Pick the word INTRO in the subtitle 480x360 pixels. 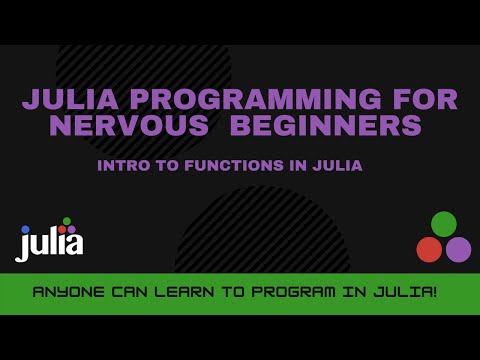pyautogui.click(x=122, y=165)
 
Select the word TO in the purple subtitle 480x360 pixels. pyautogui.click(x=164, y=165)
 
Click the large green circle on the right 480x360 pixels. pyautogui.click(x=444, y=224)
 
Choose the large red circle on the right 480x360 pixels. pyautogui.click(x=429, y=249)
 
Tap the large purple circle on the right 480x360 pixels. pyautogui.click(x=458, y=249)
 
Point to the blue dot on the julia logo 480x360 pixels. pyautogui.click(x=26, y=229)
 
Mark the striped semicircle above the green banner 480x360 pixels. pyautogui.click(x=262, y=235)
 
